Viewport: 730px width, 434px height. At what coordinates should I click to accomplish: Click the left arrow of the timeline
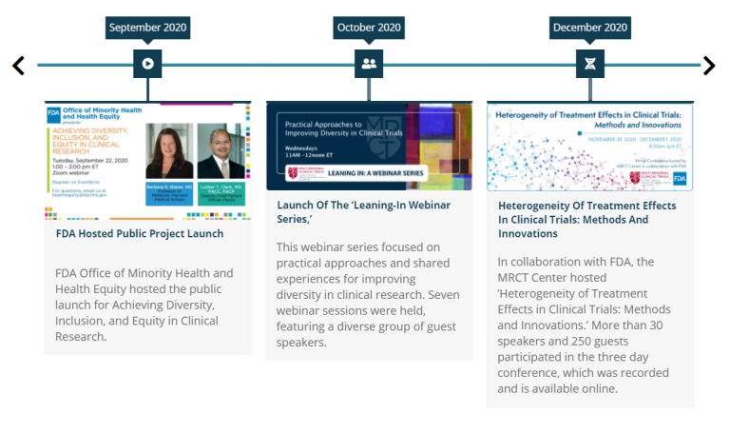click(x=19, y=66)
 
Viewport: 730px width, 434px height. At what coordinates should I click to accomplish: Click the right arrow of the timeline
click(x=709, y=66)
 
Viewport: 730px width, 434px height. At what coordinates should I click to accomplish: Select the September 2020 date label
click(x=147, y=28)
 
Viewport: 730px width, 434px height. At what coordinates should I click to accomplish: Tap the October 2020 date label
click(x=369, y=28)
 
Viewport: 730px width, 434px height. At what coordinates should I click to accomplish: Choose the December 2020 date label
click(x=590, y=28)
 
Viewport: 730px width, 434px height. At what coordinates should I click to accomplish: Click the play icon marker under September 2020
click(x=147, y=64)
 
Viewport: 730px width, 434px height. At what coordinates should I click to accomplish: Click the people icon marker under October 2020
click(x=369, y=64)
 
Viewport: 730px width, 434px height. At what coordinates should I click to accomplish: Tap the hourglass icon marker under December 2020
click(x=590, y=64)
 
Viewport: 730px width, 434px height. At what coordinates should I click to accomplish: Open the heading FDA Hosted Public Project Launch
click(x=140, y=233)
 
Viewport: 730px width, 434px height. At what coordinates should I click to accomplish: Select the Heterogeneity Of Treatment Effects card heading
click(x=586, y=219)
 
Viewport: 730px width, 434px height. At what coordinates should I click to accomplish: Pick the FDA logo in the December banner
click(x=680, y=178)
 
